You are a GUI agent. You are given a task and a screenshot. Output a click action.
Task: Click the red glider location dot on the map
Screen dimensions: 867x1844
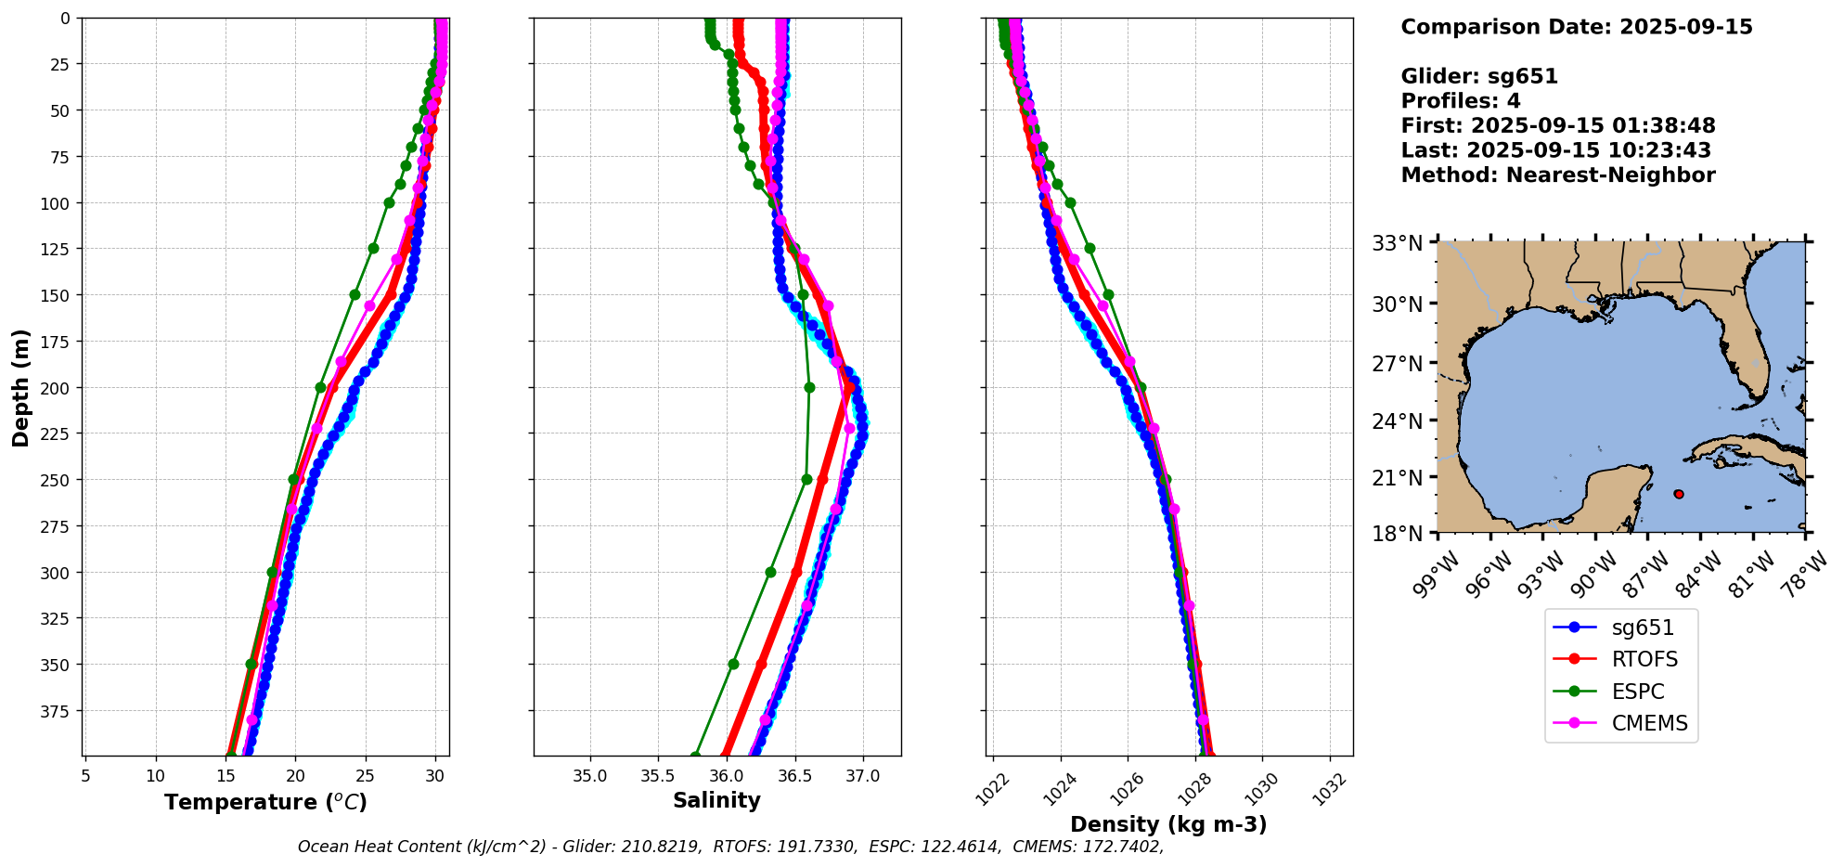(1679, 494)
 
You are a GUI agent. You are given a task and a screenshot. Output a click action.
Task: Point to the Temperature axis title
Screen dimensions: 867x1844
(265, 802)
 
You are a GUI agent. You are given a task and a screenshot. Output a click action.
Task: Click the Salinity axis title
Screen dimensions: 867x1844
(716, 800)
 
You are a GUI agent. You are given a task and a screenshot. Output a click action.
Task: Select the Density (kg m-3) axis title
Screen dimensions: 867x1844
(1168, 824)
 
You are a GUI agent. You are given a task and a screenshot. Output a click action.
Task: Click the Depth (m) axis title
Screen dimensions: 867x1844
(21, 387)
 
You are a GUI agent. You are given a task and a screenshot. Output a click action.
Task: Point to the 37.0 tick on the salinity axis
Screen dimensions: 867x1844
(862, 775)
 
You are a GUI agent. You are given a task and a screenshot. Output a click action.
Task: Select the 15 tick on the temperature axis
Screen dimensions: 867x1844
(226, 775)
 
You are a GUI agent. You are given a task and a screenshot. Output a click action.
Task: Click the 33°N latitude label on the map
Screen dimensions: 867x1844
(1398, 243)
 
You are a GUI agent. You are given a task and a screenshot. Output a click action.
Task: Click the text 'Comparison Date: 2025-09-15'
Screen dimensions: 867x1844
(1576, 27)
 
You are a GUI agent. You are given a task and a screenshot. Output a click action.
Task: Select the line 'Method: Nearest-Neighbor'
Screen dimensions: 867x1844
(1557, 175)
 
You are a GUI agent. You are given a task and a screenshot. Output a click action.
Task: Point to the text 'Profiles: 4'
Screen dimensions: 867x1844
(1460, 101)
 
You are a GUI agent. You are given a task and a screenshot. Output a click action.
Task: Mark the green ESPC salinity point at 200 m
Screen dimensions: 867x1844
(809, 387)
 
